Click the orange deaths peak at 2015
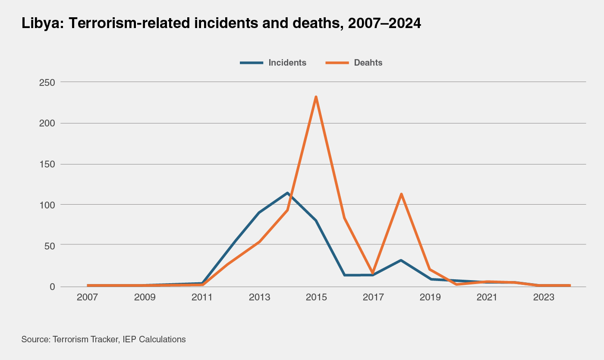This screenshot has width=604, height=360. [x=316, y=97]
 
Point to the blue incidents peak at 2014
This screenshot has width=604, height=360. [x=287, y=193]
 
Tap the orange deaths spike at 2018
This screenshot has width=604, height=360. [x=401, y=194]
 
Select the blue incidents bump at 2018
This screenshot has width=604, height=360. [x=401, y=260]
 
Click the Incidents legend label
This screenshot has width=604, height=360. [x=287, y=63]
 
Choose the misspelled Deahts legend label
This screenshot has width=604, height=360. [x=368, y=63]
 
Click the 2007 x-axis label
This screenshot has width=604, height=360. [x=88, y=298]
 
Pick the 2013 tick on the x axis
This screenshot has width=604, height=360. [x=259, y=298]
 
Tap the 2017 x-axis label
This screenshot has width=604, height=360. [x=373, y=298]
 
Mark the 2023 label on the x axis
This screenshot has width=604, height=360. [x=544, y=298]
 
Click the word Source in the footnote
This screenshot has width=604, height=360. [x=35, y=339]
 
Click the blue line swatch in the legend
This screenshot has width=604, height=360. [x=252, y=63]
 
